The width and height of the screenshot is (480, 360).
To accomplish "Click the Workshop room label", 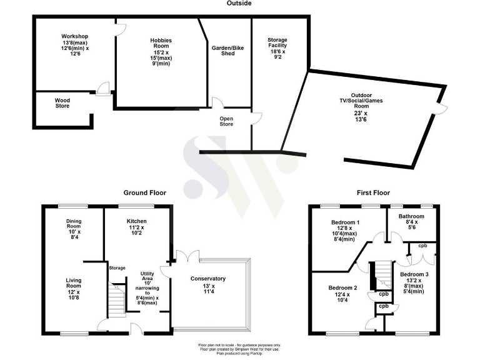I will (74, 36).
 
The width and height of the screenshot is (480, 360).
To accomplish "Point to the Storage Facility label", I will (277, 39).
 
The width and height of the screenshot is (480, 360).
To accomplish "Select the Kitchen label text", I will (136, 222).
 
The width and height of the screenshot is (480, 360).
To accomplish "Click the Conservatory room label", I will (209, 279).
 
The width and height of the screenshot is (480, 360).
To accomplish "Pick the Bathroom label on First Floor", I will (412, 216).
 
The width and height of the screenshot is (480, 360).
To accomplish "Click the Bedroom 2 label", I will (342, 288).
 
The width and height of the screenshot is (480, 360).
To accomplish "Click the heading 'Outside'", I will (239, 4).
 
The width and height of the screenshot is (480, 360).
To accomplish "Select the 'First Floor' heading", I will (374, 193).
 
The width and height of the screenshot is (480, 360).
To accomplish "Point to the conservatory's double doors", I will (187, 257).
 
